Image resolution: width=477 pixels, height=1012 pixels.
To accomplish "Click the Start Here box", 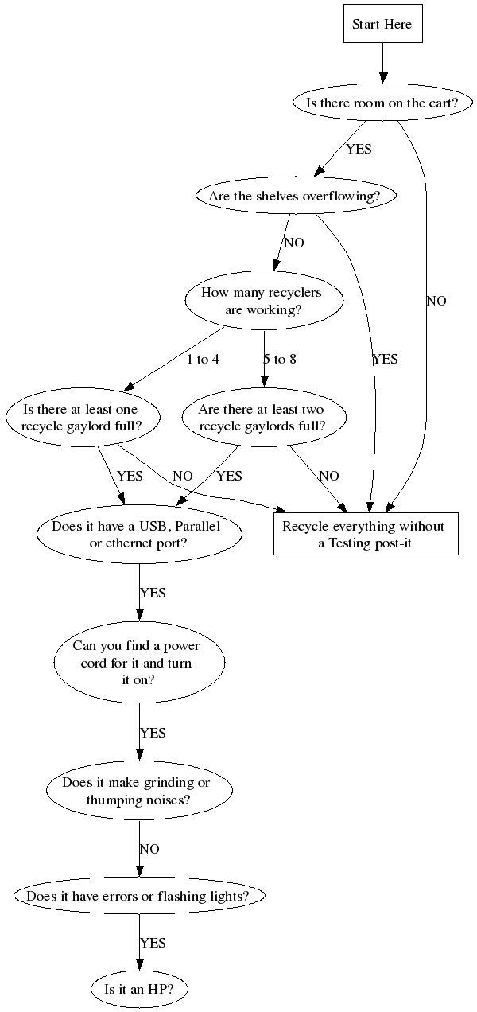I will (382, 25).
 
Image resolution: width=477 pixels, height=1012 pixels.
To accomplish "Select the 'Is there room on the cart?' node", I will (382, 103).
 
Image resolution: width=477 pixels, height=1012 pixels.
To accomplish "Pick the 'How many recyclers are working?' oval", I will (264, 301).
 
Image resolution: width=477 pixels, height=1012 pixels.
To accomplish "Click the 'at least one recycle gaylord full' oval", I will (83, 418).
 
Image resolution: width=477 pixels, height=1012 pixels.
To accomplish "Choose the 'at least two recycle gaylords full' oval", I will (262, 418).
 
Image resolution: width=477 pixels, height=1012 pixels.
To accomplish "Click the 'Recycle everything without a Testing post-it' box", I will (366, 535).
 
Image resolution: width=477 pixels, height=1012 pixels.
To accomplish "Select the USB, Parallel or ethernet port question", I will (140, 535).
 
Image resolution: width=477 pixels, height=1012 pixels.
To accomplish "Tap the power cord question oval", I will (138, 662).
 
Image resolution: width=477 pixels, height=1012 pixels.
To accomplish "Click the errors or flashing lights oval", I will (139, 896).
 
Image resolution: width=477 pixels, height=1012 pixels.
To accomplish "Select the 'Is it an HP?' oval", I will (139, 990).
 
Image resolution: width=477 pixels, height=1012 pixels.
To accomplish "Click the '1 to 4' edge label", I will (203, 360).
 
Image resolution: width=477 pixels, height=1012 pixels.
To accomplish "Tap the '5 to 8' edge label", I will (280, 360).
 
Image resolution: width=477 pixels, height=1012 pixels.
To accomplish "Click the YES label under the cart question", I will (359, 149).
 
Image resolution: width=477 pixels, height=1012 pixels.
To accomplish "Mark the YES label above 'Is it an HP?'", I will (153, 943).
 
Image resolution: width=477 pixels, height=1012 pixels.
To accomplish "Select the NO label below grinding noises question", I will (149, 850).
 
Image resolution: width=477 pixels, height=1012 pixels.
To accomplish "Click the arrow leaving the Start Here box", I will (382, 62).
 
